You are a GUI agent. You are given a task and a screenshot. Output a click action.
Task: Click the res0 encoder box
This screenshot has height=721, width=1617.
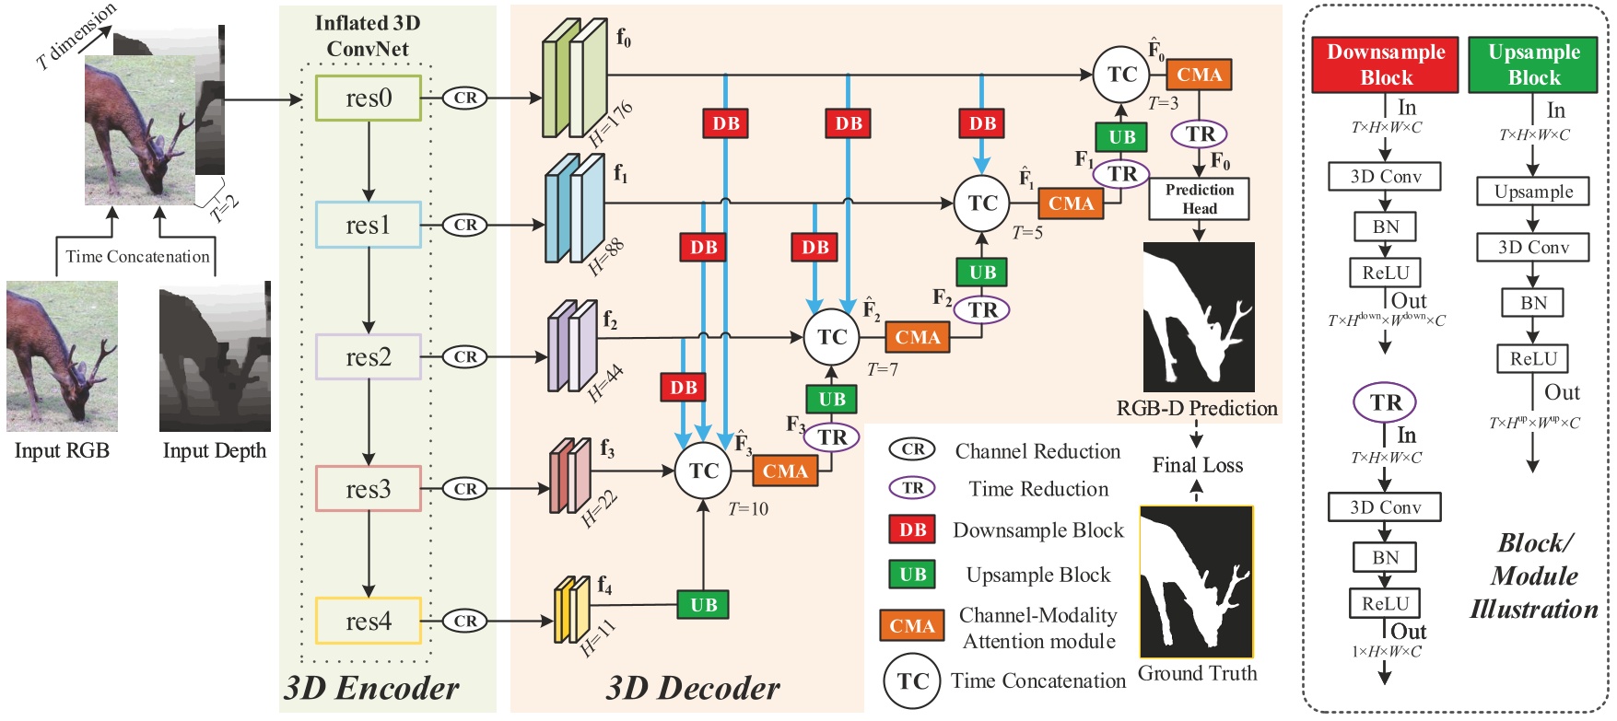click(x=369, y=98)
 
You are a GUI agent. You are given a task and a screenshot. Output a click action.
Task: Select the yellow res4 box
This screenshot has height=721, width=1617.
click(x=369, y=621)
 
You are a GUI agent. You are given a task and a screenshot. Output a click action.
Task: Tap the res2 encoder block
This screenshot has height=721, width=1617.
click(x=369, y=356)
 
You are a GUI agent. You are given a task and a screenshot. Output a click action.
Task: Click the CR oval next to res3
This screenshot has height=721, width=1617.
click(x=465, y=489)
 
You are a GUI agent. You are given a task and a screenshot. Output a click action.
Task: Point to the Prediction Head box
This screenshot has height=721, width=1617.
click(x=1199, y=199)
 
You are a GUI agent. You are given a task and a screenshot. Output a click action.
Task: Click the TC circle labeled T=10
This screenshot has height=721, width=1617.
click(x=704, y=471)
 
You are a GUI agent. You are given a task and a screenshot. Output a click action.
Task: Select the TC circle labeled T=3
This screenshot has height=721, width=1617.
click(x=1121, y=75)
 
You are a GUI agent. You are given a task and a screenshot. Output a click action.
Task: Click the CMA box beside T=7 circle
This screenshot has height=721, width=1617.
click(x=918, y=337)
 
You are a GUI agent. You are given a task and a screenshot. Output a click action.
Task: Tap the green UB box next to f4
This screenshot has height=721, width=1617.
click(x=703, y=605)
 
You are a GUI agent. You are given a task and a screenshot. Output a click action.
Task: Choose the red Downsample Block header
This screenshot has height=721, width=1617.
click(x=1386, y=64)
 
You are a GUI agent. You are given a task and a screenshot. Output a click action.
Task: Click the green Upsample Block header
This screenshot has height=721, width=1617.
click(x=1533, y=64)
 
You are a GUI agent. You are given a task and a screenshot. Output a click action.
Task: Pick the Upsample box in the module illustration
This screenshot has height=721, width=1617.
click(x=1533, y=192)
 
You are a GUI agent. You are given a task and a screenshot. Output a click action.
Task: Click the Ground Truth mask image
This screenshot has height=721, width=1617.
click(x=1197, y=582)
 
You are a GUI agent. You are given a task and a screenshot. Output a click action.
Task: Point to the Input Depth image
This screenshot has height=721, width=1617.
click(x=215, y=356)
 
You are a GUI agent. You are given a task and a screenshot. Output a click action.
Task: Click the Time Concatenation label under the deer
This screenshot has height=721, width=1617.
click(x=137, y=257)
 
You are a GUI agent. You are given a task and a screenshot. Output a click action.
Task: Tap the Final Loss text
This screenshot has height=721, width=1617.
click(x=1198, y=465)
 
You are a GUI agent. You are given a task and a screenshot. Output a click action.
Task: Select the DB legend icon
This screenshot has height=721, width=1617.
click(x=912, y=529)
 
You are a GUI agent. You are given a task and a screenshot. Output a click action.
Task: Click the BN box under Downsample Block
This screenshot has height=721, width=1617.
click(x=1385, y=227)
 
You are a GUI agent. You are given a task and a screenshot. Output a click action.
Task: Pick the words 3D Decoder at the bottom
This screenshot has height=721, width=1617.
click(x=693, y=688)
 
